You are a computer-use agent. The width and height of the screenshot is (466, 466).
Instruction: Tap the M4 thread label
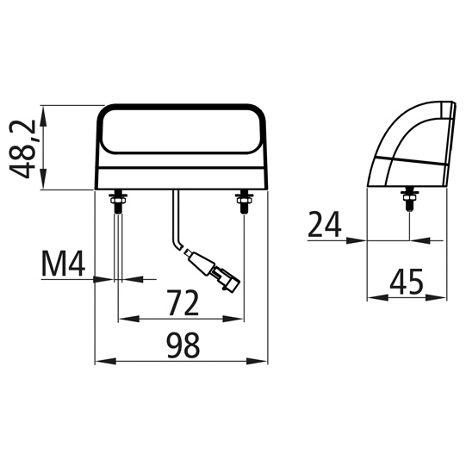63,265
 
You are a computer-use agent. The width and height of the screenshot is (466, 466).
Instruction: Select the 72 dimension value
181,303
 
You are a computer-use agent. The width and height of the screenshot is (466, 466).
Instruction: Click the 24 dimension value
325,225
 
